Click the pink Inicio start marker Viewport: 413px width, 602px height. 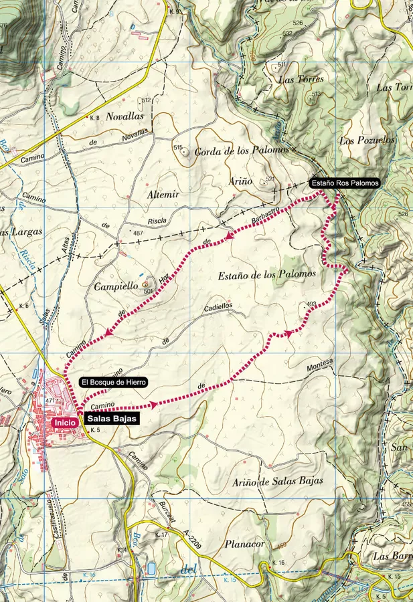65,422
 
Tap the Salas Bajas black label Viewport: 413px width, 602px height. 112,419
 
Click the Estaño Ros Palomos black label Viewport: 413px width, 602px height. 345,183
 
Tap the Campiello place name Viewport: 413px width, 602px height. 108,285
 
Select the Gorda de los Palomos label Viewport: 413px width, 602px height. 241,151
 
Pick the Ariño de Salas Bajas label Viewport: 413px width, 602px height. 278,481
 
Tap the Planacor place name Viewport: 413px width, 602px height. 246,544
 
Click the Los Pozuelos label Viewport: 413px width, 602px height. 367,140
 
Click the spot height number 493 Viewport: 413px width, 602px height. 311,305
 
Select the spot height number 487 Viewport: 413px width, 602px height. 138,233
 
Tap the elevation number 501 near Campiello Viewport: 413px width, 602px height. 148,290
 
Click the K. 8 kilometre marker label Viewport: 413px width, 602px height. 93,118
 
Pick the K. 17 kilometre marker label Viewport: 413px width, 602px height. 161,535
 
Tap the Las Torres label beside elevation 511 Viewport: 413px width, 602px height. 301,80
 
